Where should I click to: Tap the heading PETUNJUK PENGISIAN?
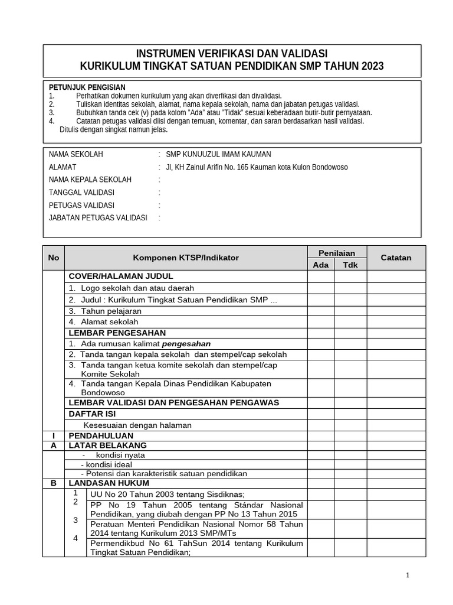point(87,87)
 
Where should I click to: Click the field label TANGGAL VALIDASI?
point(81,193)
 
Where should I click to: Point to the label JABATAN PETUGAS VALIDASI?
point(97,218)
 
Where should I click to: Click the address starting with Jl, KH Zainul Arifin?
point(257,167)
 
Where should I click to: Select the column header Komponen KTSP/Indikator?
point(186,258)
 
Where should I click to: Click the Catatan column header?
point(396,258)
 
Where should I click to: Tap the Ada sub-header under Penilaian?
point(321,265)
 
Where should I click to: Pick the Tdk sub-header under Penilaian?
point(350,265)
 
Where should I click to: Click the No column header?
point(54,258)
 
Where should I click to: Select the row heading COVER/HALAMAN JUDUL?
point(121,276)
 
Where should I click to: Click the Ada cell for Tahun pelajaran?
point(321,311)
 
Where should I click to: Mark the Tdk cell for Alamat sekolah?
point(350,322)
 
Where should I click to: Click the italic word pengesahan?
point(186,343)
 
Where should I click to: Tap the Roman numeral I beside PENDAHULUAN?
point(54,435)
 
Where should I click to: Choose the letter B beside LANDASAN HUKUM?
point(54,483)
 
